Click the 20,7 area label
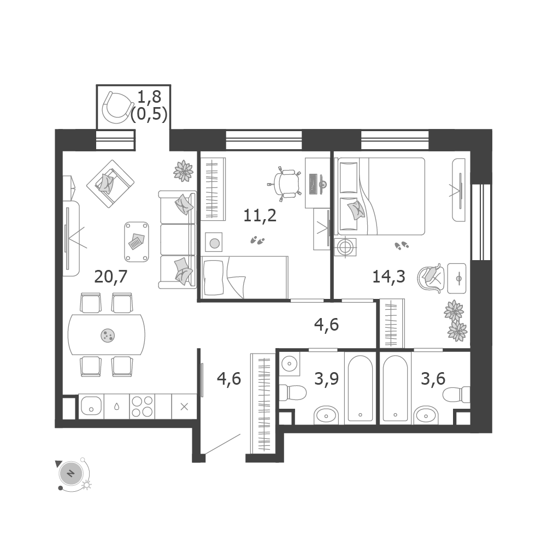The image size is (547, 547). tap(110, 277)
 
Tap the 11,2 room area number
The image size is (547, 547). tap(260, 215)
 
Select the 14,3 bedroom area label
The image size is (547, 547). tap(389, 277)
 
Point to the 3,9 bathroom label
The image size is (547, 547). tap(327, 379)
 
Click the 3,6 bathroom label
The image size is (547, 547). tap(433, 379)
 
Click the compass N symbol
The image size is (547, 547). tap(71, 474)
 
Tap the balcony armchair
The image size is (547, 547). tap(117, 108)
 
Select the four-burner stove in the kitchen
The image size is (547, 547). tap(142, 407)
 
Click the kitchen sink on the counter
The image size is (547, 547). tap(91, 407)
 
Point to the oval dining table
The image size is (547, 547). tap(107, 334)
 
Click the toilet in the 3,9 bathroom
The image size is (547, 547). tap(293, 392)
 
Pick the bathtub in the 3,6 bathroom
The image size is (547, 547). tap(395, 389)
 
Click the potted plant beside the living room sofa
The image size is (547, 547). tap(184, 171)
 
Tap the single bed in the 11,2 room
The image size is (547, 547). tap(245, 278)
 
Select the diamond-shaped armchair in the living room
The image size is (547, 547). tap(110, 184)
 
